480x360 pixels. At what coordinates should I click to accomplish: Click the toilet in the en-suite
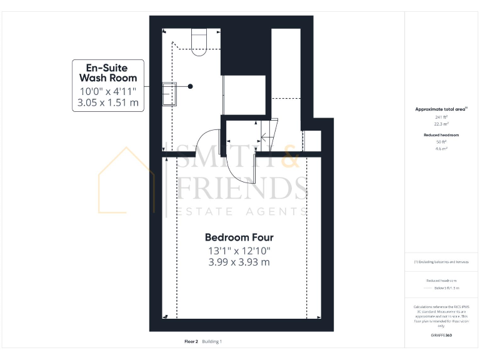coord(198,42)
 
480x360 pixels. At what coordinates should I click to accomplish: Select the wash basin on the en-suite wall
coord(169,94)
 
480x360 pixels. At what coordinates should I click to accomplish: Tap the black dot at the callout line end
coord(191,86)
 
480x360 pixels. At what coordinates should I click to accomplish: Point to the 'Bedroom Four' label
coord(239,237)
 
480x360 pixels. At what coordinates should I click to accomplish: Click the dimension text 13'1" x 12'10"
coord(239,251)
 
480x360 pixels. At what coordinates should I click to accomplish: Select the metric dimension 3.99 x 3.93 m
coord(239,262)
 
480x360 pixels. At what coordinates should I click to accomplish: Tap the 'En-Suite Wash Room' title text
coord(107,72)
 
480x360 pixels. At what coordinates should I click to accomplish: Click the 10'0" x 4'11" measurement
coord(107,91)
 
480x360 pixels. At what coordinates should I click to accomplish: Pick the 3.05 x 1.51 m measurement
coord(107,102)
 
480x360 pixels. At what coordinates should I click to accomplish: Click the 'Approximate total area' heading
coord(441,109)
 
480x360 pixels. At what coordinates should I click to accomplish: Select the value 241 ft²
coord(441,117)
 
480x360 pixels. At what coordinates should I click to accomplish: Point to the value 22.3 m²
coord(441,124)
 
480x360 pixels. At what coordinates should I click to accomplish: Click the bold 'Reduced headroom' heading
coord(441,135)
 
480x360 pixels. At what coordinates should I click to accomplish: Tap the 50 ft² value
coord(441,142)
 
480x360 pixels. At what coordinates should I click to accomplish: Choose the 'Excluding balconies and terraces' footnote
coord(441,262)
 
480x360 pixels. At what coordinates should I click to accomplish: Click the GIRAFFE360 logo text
coord(441,336)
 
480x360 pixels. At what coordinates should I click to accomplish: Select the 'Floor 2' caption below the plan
coord(191,342)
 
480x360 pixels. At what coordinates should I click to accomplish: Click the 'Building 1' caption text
coord(212,342)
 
